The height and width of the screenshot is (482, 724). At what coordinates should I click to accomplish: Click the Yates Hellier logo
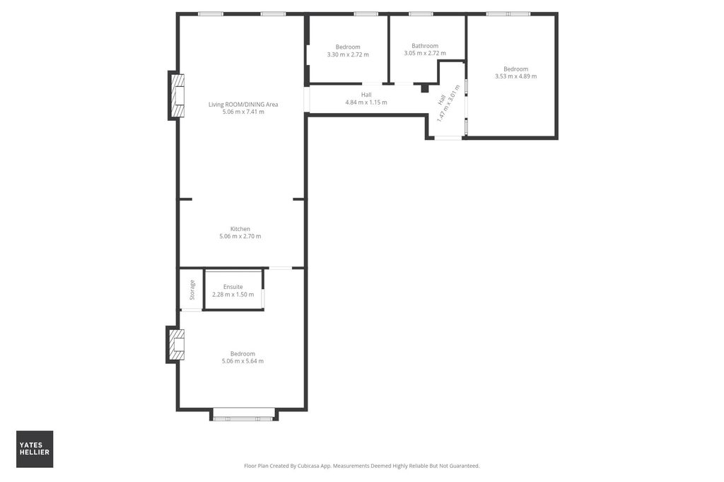[x=35, y=449]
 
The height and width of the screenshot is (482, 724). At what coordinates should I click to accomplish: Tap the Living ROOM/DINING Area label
[x=243, y=105]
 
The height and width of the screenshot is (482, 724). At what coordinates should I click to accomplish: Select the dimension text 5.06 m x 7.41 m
[x=243, y=112]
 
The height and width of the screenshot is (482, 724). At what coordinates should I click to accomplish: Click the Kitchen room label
[x=240, y=229]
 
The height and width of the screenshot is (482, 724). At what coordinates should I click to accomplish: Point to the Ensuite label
[x=233, y=287]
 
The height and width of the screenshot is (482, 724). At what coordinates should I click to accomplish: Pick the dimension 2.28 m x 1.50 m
[x=233, y=294]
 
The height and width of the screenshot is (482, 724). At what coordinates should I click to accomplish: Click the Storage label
[x=192, y=290]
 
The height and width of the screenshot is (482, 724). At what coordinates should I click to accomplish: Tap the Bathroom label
[x=425, y=46]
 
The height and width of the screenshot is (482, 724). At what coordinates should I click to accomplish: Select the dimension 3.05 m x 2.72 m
[x=425, y=54]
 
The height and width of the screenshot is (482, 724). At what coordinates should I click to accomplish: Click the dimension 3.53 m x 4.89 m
[x=515, y=76]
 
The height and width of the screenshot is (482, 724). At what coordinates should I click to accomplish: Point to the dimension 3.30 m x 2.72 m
[x=347, y=54]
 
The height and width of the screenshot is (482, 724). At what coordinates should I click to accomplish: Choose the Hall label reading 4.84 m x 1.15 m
[x=366, y=102]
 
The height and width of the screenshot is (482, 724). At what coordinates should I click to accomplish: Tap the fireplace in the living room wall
[x=176, y=95]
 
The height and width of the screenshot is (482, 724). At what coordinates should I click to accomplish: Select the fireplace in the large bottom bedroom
[x=175, y=344]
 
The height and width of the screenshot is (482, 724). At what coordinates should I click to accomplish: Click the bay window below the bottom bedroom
[x=243, y=416]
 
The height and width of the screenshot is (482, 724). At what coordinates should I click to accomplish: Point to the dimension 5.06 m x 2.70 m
[x=240, y=236]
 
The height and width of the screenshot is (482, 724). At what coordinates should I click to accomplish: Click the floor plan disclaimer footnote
[x=361, y=466]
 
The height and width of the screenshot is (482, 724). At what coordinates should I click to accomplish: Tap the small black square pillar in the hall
[x=424, y=88]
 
